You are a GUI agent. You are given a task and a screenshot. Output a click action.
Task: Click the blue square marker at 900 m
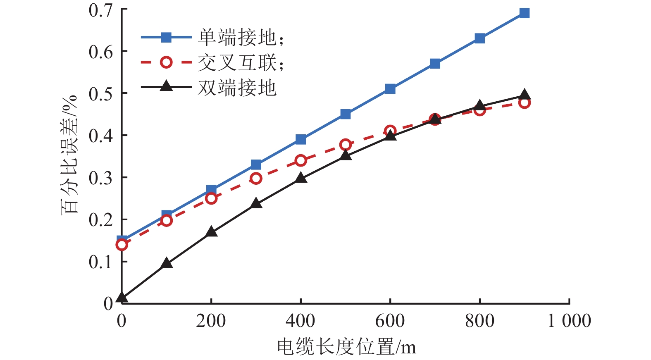pos(524,13)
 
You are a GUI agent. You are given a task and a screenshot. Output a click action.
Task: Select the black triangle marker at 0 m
pos(122,297)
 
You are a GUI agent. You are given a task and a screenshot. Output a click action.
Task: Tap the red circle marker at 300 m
pos(256,179)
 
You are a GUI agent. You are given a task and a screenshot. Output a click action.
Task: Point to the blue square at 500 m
pos(346,114)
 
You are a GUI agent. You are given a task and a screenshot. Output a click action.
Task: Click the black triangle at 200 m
pos(211,231)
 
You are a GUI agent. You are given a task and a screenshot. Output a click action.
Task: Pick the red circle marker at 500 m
pos(346,145)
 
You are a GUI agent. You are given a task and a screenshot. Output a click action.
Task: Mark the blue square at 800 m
pos(479,38)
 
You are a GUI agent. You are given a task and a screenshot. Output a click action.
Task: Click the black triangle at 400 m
pos(301,178)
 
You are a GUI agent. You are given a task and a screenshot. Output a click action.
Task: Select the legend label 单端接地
pos(237,38)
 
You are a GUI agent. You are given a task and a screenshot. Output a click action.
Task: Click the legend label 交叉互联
pos(237,63)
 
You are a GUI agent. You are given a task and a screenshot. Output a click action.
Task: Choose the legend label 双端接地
pos(237,88)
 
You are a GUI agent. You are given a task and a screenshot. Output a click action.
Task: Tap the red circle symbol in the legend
pos(166,62)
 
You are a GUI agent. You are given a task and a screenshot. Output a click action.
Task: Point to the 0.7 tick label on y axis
pos(100,10)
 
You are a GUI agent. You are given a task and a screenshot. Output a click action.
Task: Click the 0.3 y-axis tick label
pos(100,178)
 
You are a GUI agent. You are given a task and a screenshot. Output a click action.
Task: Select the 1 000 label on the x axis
pos(569,321)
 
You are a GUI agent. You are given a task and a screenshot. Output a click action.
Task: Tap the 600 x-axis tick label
pos(390,321)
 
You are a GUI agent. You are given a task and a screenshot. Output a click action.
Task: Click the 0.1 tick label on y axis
pos(100,262)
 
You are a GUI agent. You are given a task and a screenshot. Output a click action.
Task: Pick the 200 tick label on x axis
pos(211,321)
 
